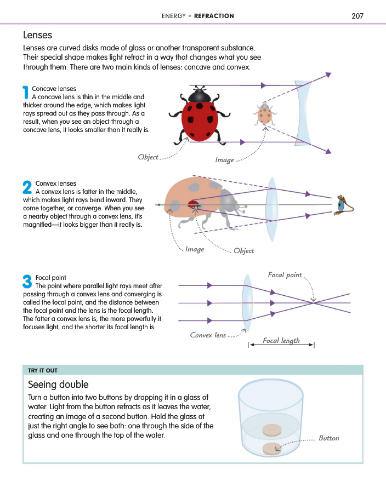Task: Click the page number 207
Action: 357,16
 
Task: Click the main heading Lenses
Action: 37,35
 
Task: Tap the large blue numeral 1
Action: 25,93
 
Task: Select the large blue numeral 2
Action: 27,188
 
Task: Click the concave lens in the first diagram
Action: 302,114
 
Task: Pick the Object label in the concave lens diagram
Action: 148,157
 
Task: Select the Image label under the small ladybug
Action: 224,160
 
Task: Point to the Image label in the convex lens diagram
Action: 194,249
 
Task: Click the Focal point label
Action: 285,275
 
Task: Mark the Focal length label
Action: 281,341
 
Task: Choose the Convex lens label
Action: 208,335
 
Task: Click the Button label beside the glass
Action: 329,438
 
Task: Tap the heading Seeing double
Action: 58,385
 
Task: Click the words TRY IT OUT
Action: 43,370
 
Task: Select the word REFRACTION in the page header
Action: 214,16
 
